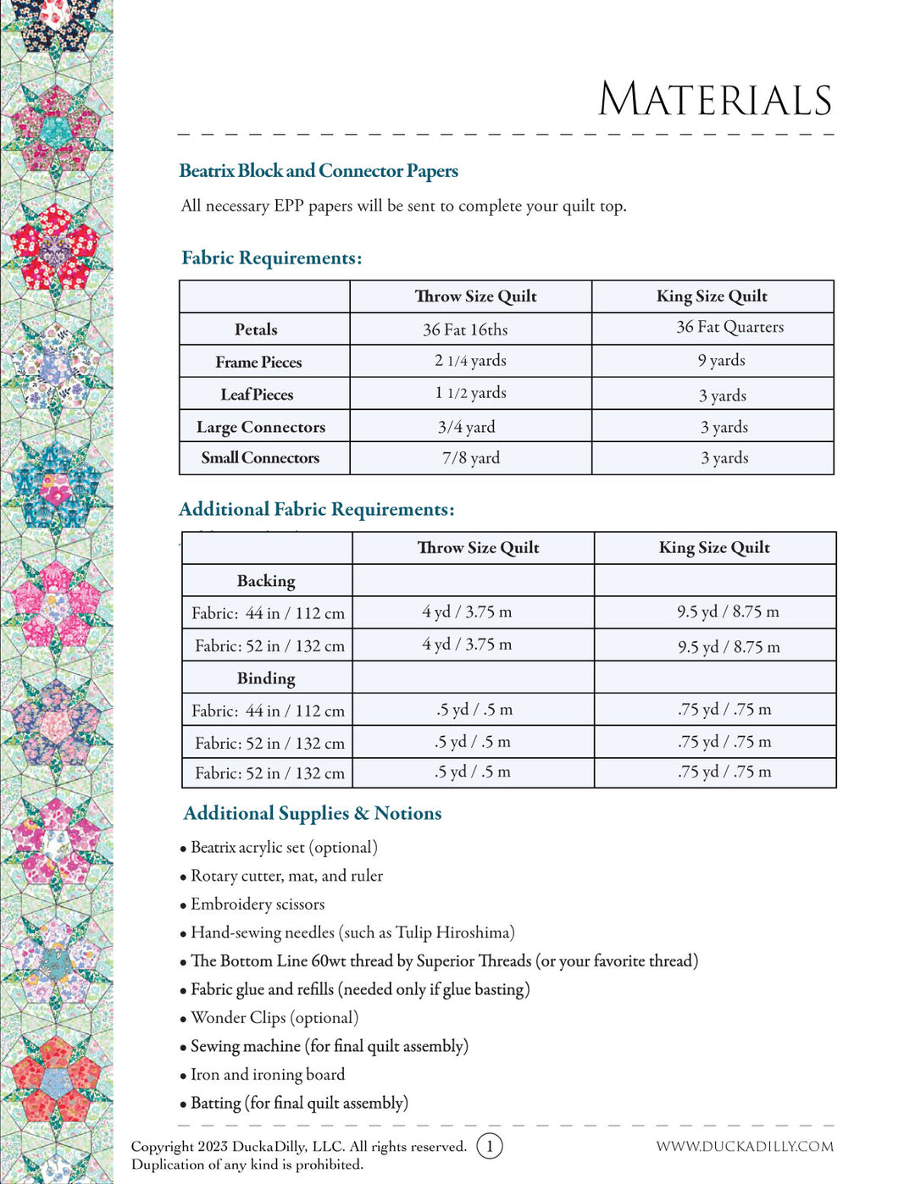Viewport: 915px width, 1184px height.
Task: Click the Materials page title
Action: [715, 100]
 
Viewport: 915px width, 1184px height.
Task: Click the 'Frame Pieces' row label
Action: [258, 362]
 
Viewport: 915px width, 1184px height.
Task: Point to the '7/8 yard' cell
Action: [471, 458]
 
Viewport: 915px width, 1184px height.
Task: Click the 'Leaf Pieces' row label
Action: [257, 395]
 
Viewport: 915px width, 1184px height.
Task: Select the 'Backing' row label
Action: [266, 581]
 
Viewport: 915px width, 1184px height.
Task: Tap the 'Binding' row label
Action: [266, 678]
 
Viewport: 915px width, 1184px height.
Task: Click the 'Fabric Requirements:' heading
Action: [271, 258]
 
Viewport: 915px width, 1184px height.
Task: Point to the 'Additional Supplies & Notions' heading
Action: [313, 813]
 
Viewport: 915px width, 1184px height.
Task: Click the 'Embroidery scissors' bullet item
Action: [258, 905]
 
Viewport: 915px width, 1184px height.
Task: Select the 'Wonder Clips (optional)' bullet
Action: [274, 1018]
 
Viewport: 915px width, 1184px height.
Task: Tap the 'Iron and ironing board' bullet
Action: [268, 1075]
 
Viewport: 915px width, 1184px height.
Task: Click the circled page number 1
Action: [490, 1146]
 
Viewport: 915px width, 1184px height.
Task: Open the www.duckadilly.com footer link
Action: [745, 1146]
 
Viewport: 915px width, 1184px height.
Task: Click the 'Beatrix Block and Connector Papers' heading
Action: [319, 171]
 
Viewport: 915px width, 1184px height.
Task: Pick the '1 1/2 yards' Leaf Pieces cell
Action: [470, 393]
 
